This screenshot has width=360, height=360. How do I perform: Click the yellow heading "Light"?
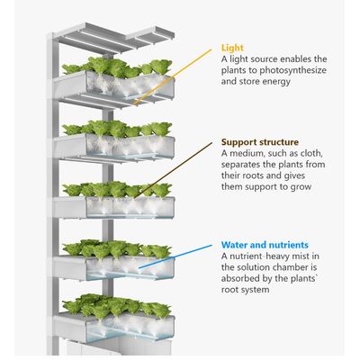point(232,48)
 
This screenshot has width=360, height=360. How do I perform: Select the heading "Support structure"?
point(260,142)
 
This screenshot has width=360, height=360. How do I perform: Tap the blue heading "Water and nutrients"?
point(265,245)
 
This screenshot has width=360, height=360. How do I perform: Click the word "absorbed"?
point(242,279)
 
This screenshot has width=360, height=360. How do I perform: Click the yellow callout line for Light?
point(173,77)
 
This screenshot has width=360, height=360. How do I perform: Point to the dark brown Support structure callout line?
point(173,170)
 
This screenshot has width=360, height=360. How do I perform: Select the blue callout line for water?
point(175,256)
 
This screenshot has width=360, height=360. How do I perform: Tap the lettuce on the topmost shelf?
point(117,67)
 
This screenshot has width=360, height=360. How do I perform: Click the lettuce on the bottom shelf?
point(117,305)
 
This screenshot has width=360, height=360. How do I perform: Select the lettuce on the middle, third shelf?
point(117,190)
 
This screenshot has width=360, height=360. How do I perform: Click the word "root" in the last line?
point(229,290)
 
